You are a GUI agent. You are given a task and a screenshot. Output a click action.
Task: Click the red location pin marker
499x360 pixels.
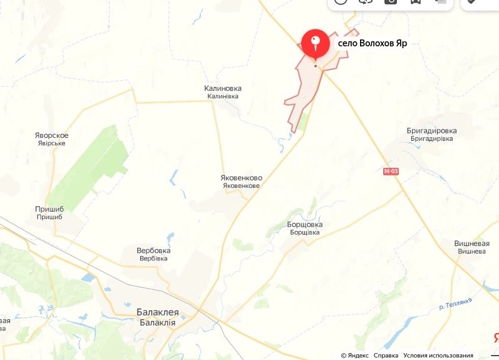coord(316,43)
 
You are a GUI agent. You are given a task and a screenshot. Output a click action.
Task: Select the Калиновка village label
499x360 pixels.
coord(222,88)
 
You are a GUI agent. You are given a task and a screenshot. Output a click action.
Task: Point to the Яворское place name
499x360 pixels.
coord(51,135)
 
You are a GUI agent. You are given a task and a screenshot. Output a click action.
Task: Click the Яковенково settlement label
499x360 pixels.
coord(241,178)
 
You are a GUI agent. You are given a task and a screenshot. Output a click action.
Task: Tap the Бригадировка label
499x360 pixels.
coord(431,131)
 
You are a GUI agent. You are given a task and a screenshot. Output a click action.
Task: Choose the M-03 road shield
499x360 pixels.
coord(391,171)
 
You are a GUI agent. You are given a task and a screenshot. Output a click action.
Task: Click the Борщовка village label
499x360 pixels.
coord(305,224)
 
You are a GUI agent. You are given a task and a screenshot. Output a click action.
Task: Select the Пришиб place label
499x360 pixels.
coord(50,208)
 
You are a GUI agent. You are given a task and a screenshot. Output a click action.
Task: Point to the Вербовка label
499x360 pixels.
coord(153,250)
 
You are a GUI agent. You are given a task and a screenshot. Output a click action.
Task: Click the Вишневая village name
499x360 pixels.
coord(471,243)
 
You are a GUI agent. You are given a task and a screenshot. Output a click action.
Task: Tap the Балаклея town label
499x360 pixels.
coord(157,312)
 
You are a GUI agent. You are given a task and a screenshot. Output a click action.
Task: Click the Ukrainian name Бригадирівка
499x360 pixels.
coord(431,138)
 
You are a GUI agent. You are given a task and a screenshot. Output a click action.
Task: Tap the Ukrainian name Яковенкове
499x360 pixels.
coord(241,186)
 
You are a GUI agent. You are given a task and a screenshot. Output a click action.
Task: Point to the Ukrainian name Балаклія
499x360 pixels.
coord(157,321)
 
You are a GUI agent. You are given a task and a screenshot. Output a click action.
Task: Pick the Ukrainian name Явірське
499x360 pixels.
coord(51,143)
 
